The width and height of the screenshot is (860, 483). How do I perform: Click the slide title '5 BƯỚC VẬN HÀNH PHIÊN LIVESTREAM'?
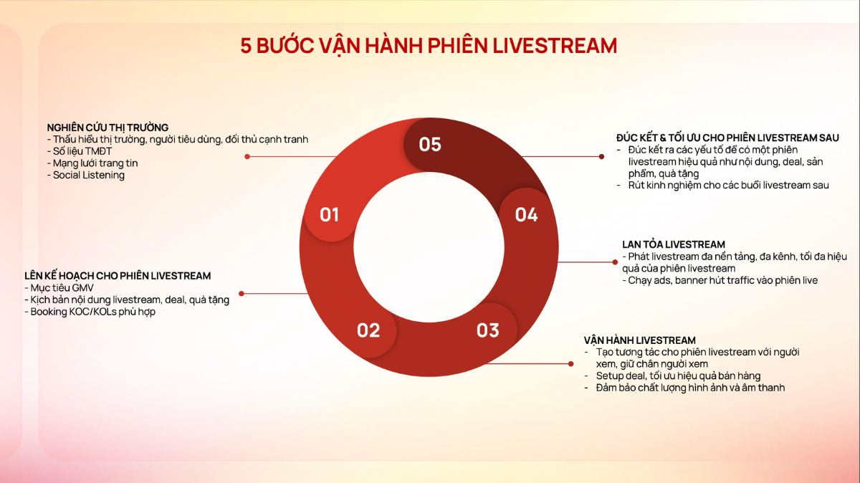[429, 45]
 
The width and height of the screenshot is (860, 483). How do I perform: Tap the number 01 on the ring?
[329, 214]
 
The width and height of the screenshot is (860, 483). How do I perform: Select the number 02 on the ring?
[368, 330]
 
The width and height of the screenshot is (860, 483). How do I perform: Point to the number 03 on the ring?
[487, 330]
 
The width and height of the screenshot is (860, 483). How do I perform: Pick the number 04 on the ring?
[526, 214]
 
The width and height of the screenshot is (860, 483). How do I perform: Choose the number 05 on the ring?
[430, 144]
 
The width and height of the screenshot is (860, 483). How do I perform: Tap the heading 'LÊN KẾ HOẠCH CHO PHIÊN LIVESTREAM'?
[118, 276]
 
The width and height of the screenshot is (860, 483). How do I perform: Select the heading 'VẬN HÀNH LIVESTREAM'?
[639, 340]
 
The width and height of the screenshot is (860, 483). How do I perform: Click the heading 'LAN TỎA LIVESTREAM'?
[674, 244]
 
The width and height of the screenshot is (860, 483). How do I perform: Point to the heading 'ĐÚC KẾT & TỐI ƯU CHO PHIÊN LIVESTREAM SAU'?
[727, 138]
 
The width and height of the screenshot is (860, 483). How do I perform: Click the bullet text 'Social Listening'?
[88, 175]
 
